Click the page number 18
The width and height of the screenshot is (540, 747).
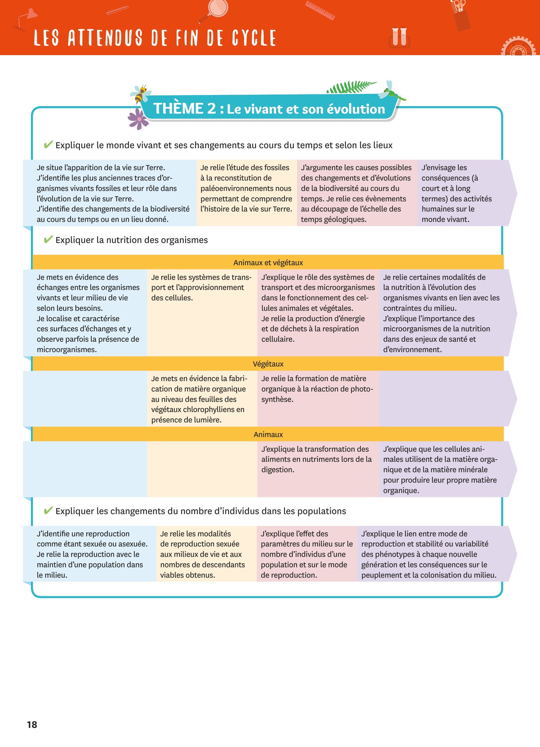[x=32, y=724]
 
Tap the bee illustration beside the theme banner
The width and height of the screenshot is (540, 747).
[x=141, y=94]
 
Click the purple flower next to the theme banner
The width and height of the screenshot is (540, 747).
[x=138, y=119]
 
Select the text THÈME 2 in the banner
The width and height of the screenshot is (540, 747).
[x=184, y=109]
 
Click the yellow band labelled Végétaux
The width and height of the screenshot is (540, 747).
[x=268, y=364]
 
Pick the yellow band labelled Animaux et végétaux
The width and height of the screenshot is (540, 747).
[x=268, y=262]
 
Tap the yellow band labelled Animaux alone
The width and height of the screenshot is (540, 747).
[x=268, y=435]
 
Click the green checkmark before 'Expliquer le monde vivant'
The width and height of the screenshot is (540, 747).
[x=48, y=145]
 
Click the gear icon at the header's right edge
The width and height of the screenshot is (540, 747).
[x=519, y=48]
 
